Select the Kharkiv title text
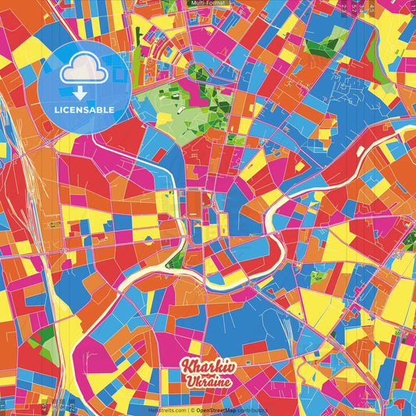coord(208,367)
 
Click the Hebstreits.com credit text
coord(166,410)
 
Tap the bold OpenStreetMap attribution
coord(216,410)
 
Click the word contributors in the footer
coord(253,410)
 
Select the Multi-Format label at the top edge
coord(208,3)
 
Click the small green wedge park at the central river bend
coord(178,258)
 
